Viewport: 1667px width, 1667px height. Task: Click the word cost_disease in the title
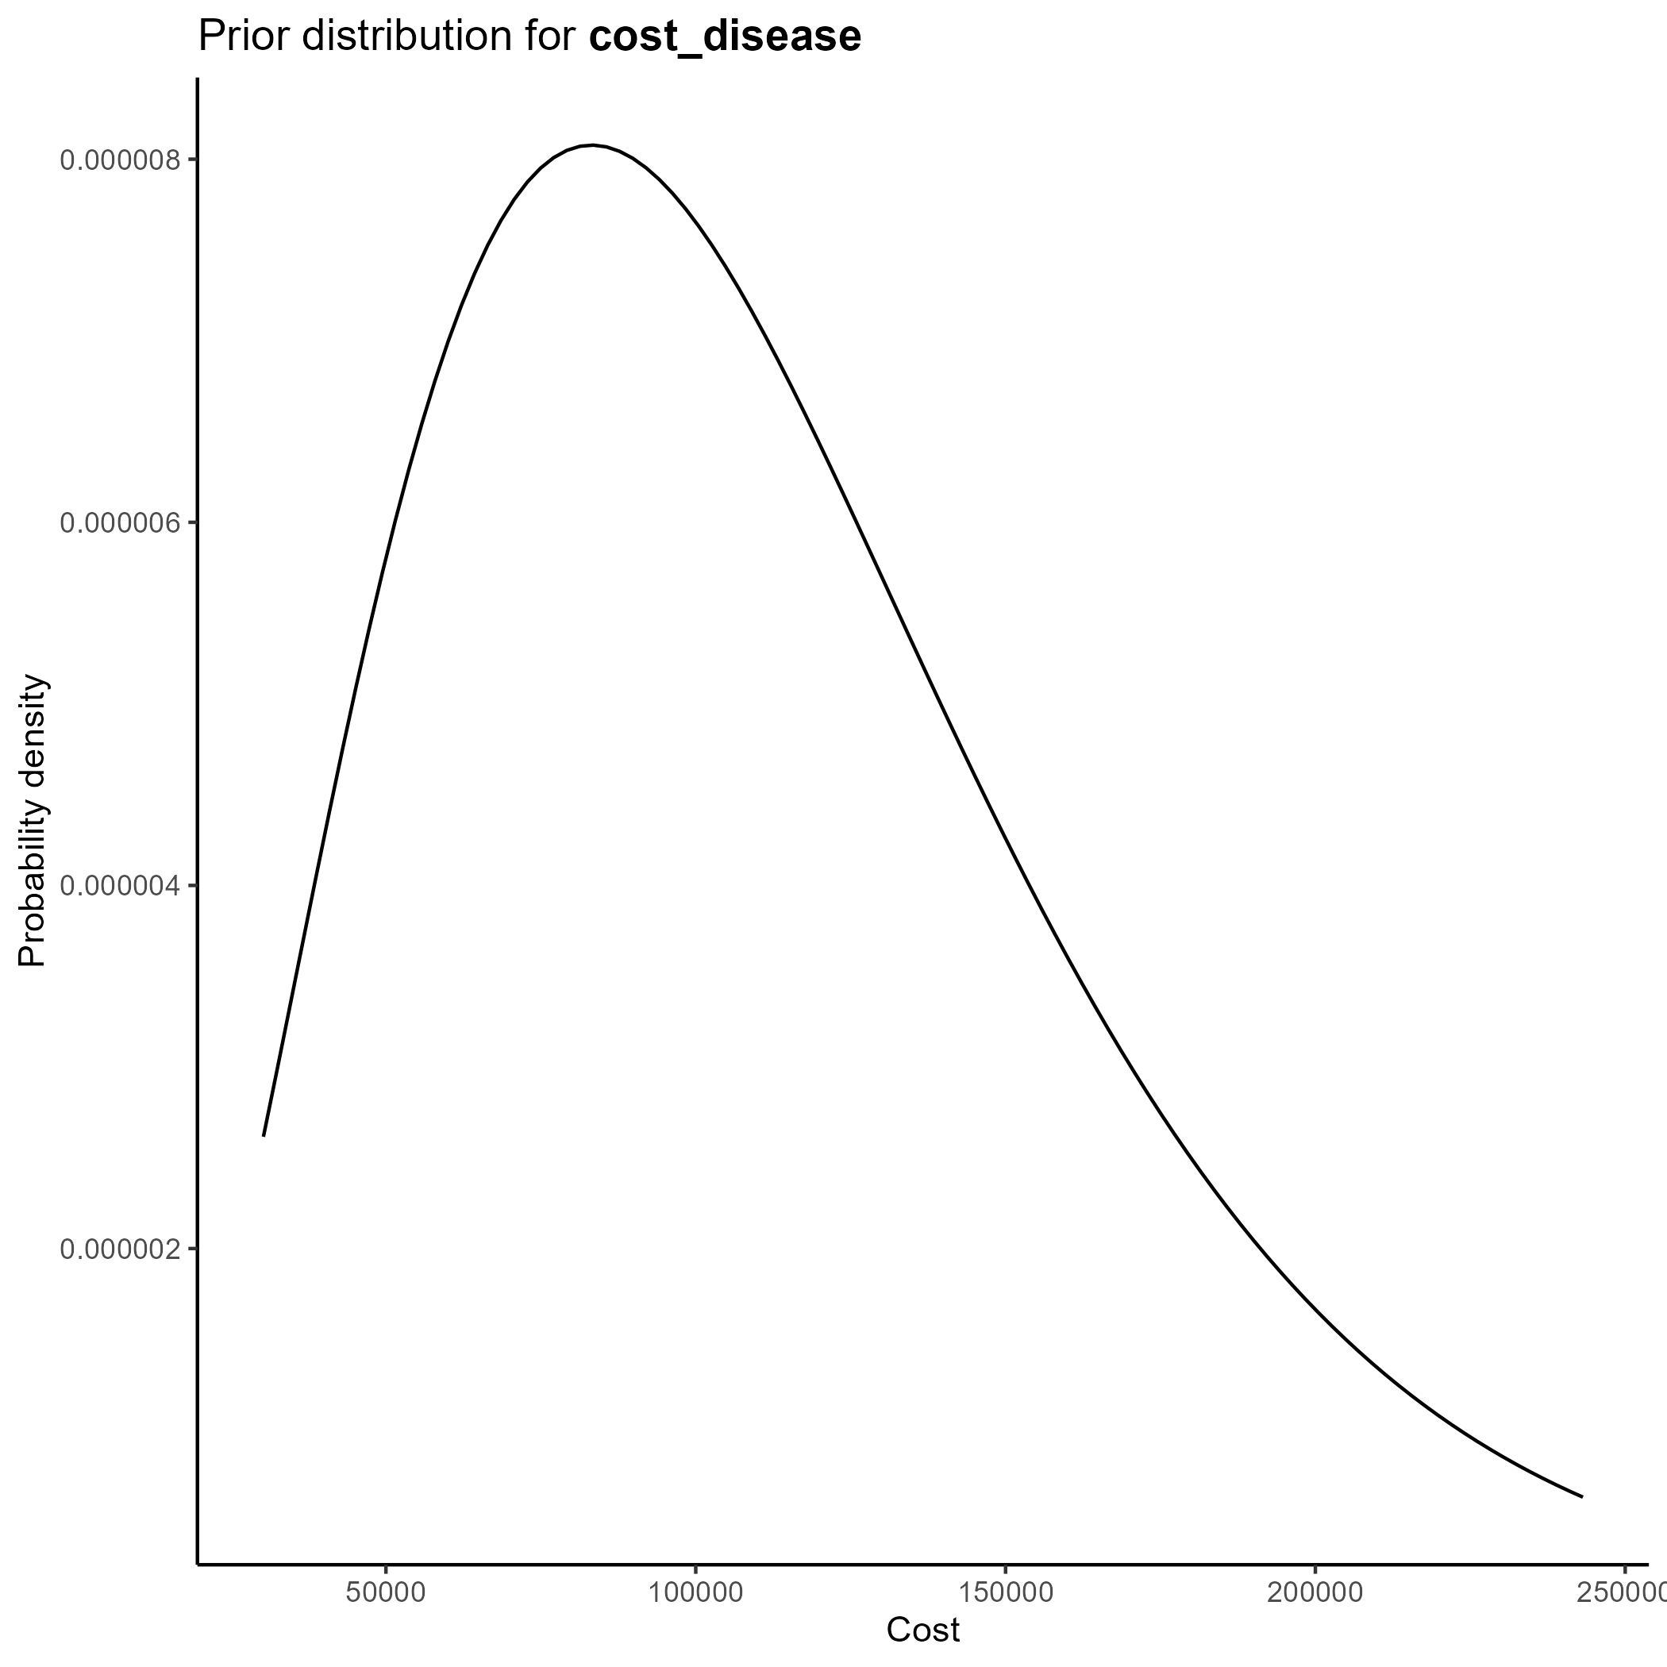click(724, 37)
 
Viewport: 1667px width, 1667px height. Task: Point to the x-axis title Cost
click(922, 1630)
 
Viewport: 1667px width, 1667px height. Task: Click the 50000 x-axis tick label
click(386, 1593)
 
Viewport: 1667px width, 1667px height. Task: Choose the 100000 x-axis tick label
click(695, 1593)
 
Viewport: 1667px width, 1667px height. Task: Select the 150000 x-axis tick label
click(1005, 1593)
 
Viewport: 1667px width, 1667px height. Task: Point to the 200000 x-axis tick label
click(1315, 1593)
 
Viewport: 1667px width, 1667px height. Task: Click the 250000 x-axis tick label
click(1622, 1593)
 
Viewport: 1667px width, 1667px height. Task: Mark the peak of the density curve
click(592, 145)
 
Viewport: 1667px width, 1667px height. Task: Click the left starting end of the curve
click(264, 1135)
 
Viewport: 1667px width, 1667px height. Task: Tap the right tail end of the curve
click(1581, 1497)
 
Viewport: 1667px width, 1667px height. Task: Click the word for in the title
click(549, 37)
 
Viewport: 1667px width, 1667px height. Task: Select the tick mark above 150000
click(1005, 1568)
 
